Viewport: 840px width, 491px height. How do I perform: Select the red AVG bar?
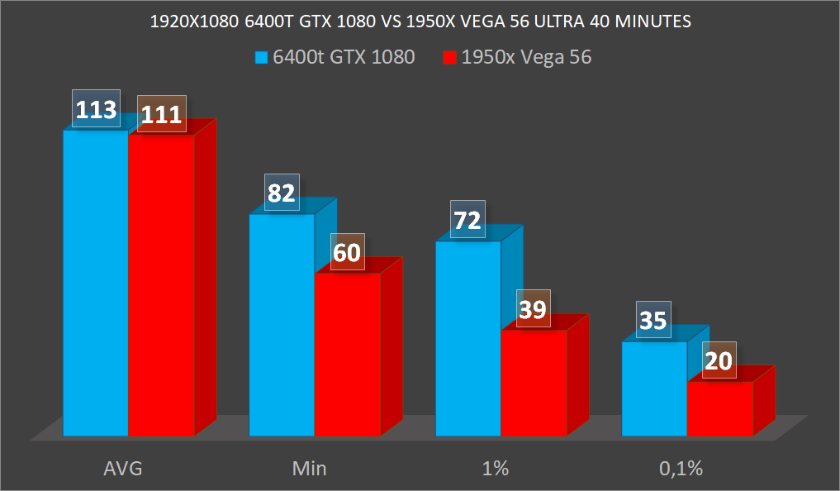point(161,285)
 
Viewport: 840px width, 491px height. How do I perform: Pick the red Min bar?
point(347,354)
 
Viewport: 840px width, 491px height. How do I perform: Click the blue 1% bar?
point(468,338)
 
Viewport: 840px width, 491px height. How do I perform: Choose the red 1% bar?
point(534,383)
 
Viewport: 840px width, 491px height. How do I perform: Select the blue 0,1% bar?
point(654,389)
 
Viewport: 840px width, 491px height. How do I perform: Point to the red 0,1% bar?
point(720,408)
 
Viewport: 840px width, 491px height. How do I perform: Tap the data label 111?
point(161,114)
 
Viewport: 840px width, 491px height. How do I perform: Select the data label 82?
point(282,193)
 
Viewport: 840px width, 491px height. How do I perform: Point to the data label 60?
point(347,252)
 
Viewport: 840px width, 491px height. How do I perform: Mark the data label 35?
point(654,321)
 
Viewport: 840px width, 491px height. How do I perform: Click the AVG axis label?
point(123,469)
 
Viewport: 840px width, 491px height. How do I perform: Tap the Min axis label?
point(310,469)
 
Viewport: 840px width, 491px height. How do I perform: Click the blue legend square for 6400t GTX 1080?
point(262,58)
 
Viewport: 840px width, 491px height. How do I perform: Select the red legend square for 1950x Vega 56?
point(449,58)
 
